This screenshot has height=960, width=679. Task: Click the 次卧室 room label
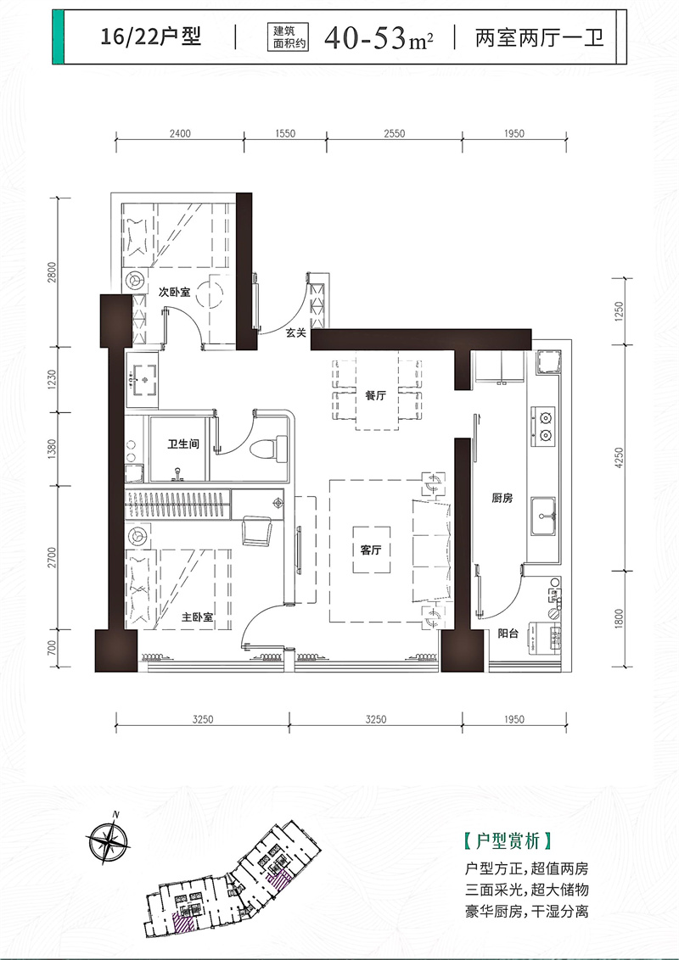point(175,293)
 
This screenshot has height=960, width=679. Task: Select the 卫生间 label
point(183,444)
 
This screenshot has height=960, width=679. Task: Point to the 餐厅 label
point(376,395)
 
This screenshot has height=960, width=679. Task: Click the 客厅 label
point(371,550)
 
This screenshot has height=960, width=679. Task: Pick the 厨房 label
point(502,499)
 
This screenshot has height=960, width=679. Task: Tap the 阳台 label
point(508,633)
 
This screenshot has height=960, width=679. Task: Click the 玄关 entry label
point(296,332)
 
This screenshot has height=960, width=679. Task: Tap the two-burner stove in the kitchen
point(543,426)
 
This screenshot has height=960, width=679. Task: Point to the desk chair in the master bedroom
point(257,530)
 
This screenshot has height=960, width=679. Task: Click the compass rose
point(108,842)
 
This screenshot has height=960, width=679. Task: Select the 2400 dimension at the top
point(180,133)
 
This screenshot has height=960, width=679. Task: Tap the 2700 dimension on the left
point(52,558)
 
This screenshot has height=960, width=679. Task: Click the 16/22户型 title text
point(151,37)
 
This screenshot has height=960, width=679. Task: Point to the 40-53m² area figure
point(379,38)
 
